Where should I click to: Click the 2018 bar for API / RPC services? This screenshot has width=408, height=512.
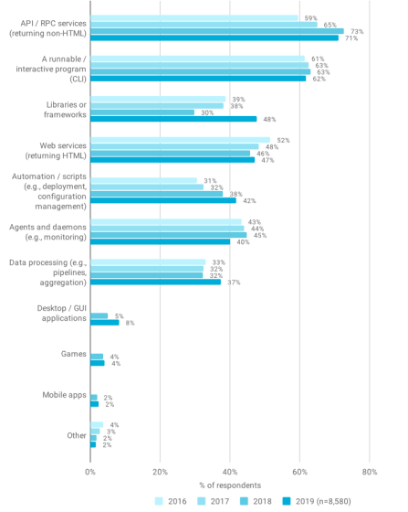(x=217, y=31)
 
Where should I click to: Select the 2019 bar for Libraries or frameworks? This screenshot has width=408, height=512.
(x=173, y=119)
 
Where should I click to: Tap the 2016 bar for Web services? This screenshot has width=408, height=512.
(x=180, y=140)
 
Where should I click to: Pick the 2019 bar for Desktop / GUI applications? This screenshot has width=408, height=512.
(x=105, y=323)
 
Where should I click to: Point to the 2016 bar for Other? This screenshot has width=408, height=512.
(x=97, y=425)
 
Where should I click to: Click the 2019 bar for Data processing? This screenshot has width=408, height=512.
(x=155, y=282)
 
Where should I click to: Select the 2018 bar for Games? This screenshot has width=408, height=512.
(x=97, y=357)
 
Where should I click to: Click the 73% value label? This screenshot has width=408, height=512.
(x=357, y=32)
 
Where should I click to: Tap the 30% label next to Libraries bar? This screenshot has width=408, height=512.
(x=207, y=112)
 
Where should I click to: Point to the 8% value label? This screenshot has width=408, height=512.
(x=130, y=323)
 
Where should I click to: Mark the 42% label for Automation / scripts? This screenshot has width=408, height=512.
(x=249, y=201)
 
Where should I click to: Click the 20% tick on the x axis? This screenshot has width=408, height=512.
(x=160, y=472)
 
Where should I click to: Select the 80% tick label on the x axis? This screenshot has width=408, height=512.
(x=370, y=472)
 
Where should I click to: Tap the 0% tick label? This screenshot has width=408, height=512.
(x=90, y=472)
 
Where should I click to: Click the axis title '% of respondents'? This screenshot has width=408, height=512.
(x=230, y=485)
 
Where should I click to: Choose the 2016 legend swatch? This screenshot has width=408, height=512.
(x=159, y=501)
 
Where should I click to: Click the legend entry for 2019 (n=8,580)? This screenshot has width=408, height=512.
(x=317, y=501)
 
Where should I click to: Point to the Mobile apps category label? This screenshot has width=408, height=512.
(x=64, y=395)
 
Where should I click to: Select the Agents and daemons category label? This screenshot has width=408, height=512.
(x=47, y=232)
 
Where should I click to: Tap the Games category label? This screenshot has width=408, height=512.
(x=74, y=354)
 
